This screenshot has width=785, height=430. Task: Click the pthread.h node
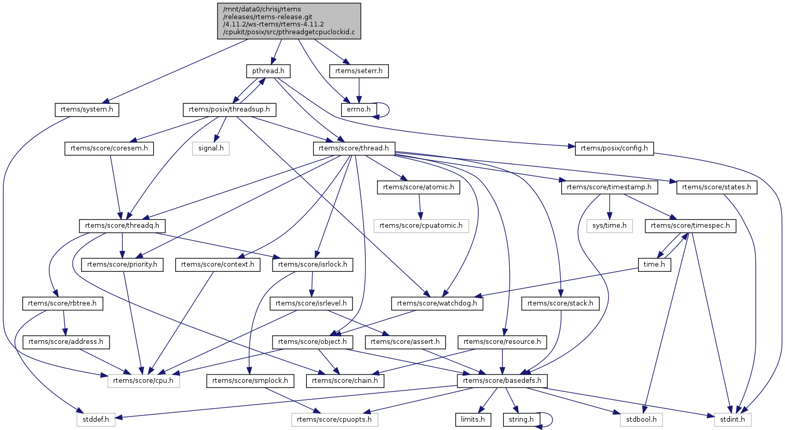pyautogui.click(x=268, y=71)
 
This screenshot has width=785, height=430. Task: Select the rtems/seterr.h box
pyautogui.click(x=359, y=71)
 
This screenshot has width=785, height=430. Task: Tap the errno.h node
pyautogui.click(x=359, y=109)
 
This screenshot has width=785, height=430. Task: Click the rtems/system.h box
pyautogui.click(x=87, y=109)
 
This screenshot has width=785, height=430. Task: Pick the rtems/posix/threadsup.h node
pyautogui.click(x=229, y=109)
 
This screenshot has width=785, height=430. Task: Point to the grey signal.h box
pyautogui.click(x=211, y=148)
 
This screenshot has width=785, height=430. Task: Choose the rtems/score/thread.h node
pyautogui.click(x=354, y=148)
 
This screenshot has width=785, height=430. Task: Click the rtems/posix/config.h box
pyautogui.click(x=614, y=148)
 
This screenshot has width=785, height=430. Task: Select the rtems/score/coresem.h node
pyautogui.click(x=109, y=148)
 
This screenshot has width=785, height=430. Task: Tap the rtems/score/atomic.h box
pyautogui.click(x=418, y=187)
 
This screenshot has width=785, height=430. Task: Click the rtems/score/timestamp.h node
pyautogui.click(x=610, y=187)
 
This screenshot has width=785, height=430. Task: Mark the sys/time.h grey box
pyautogui.click(x=610, y=226)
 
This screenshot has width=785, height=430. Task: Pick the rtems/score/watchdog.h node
pyautogui.click(x=437, y=303)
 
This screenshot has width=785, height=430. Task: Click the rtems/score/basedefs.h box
pyautogui.click(x=502, y=381)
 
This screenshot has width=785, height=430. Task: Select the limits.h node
pyautogui.click(x=472, y=419)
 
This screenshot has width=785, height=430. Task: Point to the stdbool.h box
pyautogui.click(x=642, y=419)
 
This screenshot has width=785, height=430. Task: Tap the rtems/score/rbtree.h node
pyautogui.click(x=62, y=303)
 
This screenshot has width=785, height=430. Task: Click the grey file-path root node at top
pyautogui.click(x=289, y=21)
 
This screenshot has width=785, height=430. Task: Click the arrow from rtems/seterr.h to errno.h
pyautogui.click(x=359, y=90)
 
